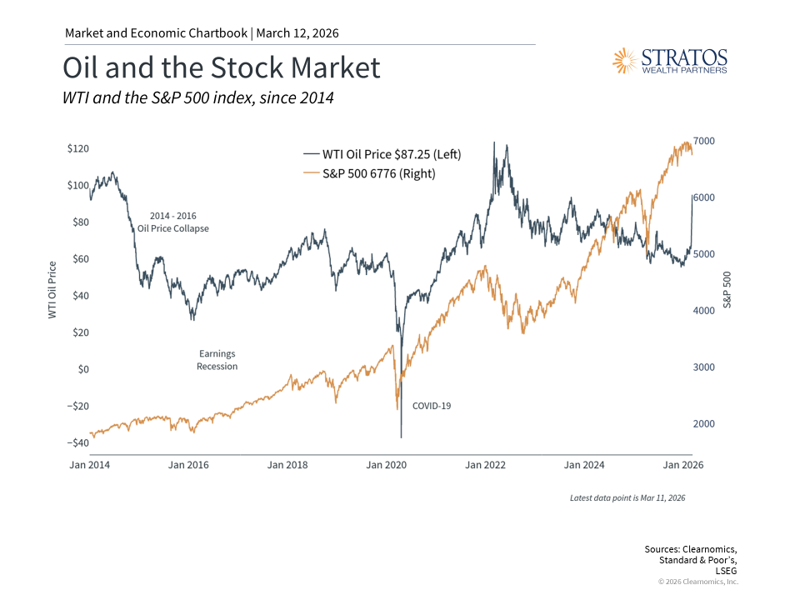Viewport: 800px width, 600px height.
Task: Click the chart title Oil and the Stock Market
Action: tap(222, 68)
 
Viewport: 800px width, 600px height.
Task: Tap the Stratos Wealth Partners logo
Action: tap(670, 61)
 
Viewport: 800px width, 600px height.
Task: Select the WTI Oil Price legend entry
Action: tap(382, 154)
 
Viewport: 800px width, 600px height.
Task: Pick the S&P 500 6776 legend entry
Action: tap(369, 173)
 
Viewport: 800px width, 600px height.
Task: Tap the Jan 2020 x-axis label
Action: tap(386, 464)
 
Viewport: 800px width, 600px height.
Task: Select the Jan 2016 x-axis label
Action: tap(188, 464)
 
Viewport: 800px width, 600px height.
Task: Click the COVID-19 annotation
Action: tap(432, 406)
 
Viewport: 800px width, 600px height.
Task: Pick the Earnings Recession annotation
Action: tap(217, 360)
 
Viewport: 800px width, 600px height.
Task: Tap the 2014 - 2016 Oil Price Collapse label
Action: tap(173, 222)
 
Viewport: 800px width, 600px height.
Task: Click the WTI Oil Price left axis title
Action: tap(52, 290)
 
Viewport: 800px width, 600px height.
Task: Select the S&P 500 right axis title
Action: tap(727, 290)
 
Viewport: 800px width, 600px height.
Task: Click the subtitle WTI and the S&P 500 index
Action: tap(198, 97)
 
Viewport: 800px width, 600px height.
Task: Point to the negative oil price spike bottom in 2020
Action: tap(401, 437)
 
